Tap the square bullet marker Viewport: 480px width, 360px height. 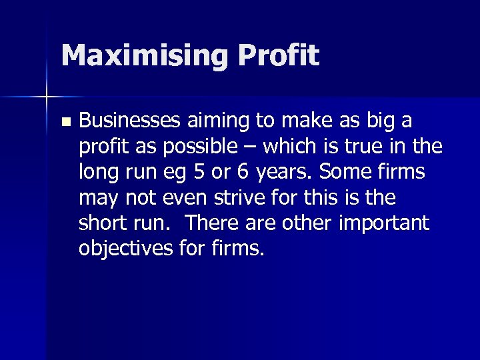click(x=64, y=122)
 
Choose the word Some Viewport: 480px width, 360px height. click(x=347, y=172)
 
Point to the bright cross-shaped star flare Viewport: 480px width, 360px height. click(x=47, y=97)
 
